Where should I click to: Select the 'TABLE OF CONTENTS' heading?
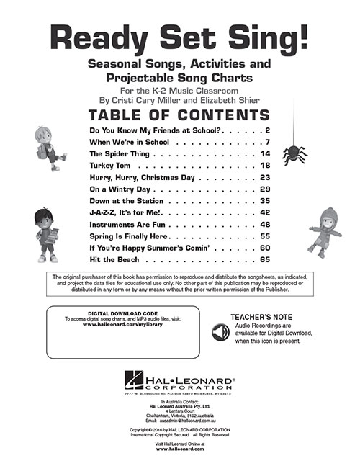(x=179, y=115)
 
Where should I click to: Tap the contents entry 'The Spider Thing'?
(x=120, y=154)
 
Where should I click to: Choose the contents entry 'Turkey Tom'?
(x=109, y=166)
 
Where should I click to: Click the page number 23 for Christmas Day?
(x=264, y=177)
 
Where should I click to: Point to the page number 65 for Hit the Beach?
(x=264, y=259)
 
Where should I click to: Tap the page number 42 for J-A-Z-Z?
(x=264, y=212)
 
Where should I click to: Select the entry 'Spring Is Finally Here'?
(x=130, y=236)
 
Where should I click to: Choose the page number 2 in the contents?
(x=266, y=130)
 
